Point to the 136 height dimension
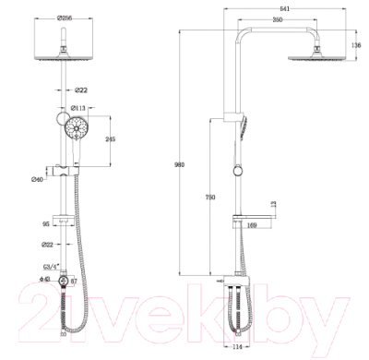click(x=355, y=44)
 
